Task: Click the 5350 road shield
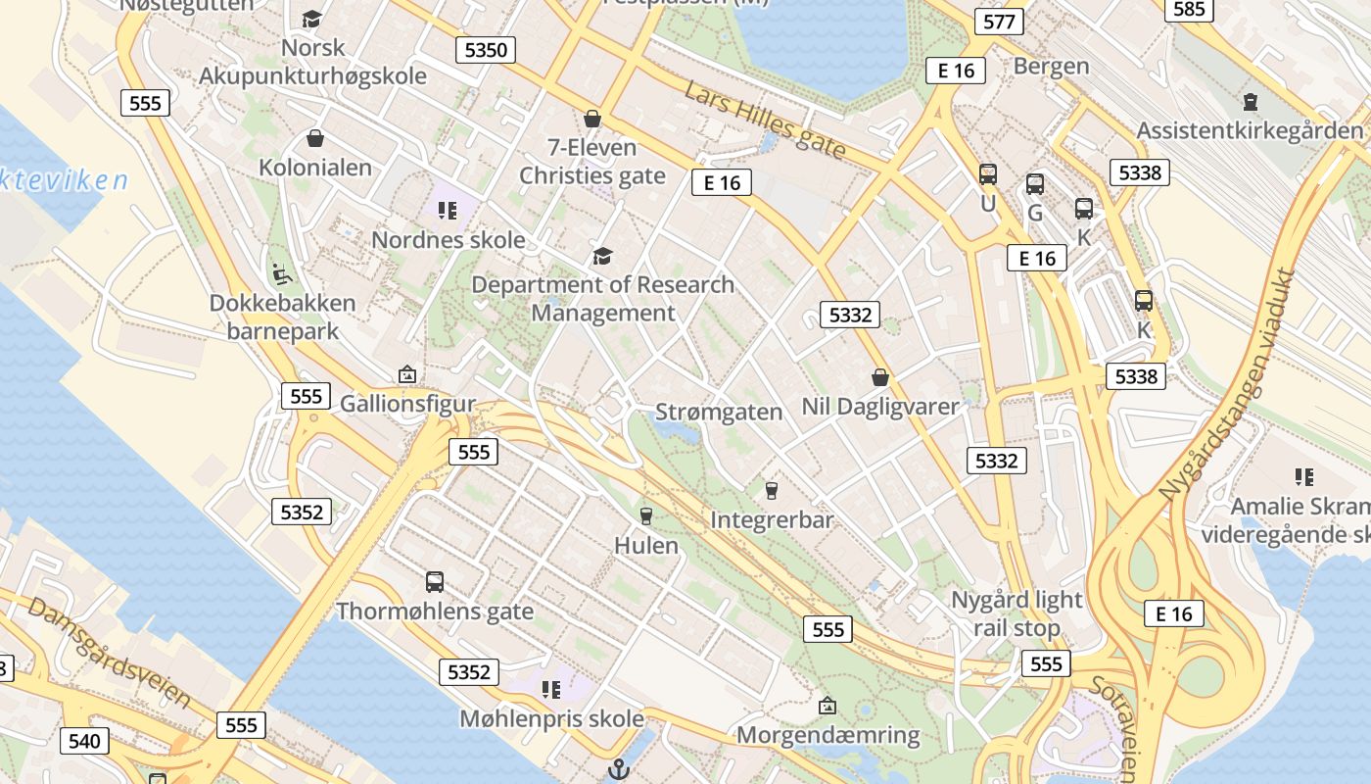(486, 49)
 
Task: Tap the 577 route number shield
(999, 22)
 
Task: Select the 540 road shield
(84, 741)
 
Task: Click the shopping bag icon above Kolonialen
(315, 138)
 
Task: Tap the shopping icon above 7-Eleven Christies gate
(592, 120)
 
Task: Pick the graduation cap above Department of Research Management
(603, 257)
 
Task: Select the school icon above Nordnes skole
(448, 211)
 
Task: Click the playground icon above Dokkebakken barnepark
(281, 273)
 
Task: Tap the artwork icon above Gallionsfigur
(407, 374)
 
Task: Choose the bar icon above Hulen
(645, 515)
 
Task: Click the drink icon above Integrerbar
(772, 490)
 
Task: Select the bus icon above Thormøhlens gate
(435, 582)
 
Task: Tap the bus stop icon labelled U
(988, 174)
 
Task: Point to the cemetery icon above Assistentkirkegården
(1250, 101)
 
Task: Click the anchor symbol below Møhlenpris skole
(618, 769)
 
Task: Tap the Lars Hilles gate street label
(765, 121)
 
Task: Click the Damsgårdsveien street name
(109, 652)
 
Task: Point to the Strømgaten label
(719, 412)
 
